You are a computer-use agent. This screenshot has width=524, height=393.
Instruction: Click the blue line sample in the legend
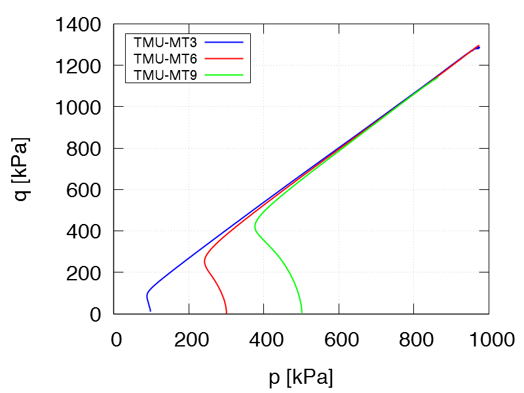(224, 43)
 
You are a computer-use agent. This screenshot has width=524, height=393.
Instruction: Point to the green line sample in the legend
(224, 75)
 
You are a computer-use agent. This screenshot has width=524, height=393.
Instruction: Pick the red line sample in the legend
(224, 59)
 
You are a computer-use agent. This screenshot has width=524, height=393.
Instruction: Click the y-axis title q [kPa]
(22, 168)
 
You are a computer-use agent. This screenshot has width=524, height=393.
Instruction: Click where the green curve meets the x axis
(301, 312)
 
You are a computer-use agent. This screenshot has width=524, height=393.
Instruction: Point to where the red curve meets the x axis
(227, 312)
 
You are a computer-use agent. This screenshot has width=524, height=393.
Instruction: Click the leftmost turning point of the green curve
(255, 227)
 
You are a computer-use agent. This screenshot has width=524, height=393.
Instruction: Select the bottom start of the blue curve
(150, 311)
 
